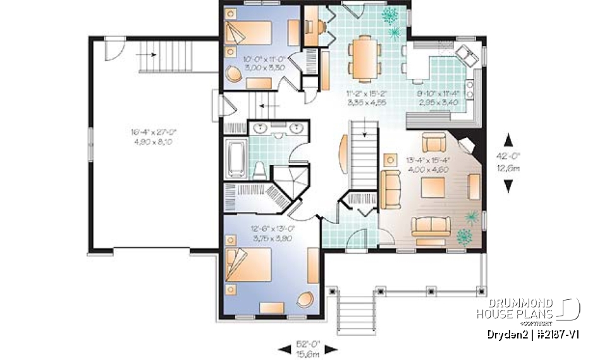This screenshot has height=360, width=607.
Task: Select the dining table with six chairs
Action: click(364, 58)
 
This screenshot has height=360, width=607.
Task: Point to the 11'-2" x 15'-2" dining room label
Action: click(366, 97)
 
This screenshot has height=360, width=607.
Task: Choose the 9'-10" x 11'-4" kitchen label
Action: click(437, 97)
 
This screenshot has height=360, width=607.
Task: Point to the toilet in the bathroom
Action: click(259, 168)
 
